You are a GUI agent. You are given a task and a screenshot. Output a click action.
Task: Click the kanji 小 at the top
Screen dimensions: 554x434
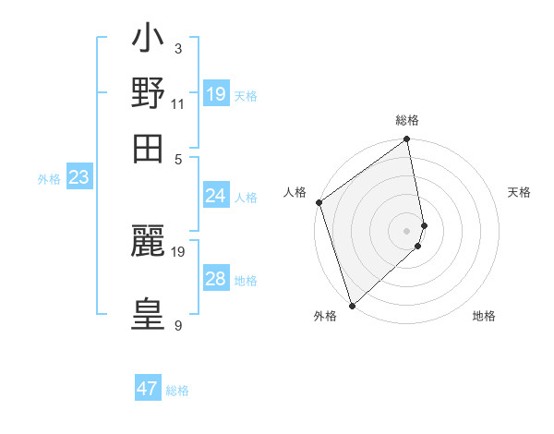point(148,41)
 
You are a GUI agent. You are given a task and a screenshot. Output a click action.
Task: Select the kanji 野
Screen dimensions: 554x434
point(148,93)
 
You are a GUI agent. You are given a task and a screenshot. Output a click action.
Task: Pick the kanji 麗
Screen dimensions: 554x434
point(148,243)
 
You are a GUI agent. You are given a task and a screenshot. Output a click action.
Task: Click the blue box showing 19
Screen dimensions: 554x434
point(216,94)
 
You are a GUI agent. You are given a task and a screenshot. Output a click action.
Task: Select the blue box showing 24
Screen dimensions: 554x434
point(216,196)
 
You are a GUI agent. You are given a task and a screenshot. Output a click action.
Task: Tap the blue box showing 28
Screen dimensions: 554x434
point(216,279)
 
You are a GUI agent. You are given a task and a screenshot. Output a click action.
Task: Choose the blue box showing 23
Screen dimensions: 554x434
point(78,178)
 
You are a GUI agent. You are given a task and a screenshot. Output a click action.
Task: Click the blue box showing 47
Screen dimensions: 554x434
point(148,389)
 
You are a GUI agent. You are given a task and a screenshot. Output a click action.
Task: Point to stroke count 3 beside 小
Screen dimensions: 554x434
point(178,48)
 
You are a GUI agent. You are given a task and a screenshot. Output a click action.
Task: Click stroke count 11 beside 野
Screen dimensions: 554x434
point(178,102)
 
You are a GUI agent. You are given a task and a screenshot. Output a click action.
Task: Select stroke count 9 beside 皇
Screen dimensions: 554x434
point(178,325)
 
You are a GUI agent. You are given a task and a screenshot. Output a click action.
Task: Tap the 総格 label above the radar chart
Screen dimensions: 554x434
point(407,120)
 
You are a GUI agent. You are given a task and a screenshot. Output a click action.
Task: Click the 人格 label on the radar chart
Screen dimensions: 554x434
point(295,192)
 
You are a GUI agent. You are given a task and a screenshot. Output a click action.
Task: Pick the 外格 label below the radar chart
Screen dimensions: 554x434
point(325,317)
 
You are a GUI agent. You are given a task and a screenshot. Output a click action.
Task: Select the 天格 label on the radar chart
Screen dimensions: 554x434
point(520,192)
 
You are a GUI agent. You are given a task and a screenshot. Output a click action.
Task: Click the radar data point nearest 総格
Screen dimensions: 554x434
point(407,140)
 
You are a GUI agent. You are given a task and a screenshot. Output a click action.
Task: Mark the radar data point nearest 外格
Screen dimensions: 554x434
point(352,305)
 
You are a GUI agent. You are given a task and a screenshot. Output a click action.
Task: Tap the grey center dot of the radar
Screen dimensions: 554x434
point(407,230)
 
